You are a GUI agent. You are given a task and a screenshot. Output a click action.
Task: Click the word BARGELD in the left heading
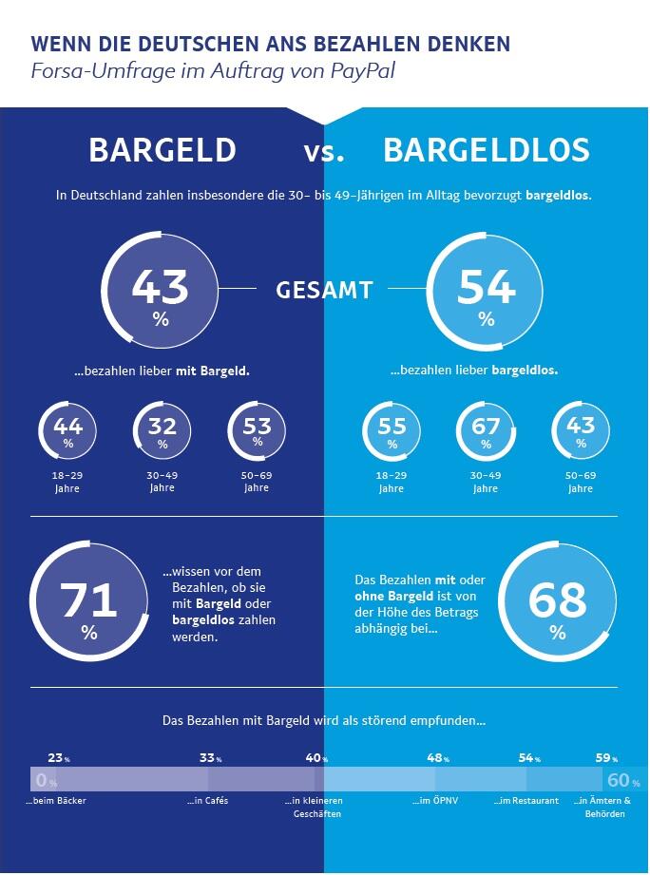pyautogui.click(x=162, y=150)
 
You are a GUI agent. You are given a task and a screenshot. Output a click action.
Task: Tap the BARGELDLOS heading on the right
pyautogui.click(x=486, y=150)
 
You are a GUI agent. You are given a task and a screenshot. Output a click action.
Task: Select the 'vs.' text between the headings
pyautogui.click(x=324, y=152)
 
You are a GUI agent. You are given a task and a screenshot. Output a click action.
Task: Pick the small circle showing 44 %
pyautogui.click(x=67, y=431)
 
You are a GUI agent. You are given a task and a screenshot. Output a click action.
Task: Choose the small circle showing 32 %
pyautogui.click(x=162, y=431)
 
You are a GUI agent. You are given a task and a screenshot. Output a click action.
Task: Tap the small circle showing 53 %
pyautogui.click(x=257, y=431)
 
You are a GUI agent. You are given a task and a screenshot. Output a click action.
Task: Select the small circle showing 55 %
pyautogui.click(x=392, y=431)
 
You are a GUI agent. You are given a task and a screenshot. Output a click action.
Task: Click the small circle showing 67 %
pyautogui.click(x=486, y=431)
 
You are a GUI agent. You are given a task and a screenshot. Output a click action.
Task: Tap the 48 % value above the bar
pyautogui.click(x=437, y=758)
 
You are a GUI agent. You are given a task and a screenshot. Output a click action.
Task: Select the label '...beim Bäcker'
pyautogui.click(x=56, y=801)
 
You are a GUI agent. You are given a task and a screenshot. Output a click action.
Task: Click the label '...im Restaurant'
pyautogui.click(x=526, y=801)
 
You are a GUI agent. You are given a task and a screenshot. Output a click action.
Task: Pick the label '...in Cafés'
pyautogui.click(x=208, y=801)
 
